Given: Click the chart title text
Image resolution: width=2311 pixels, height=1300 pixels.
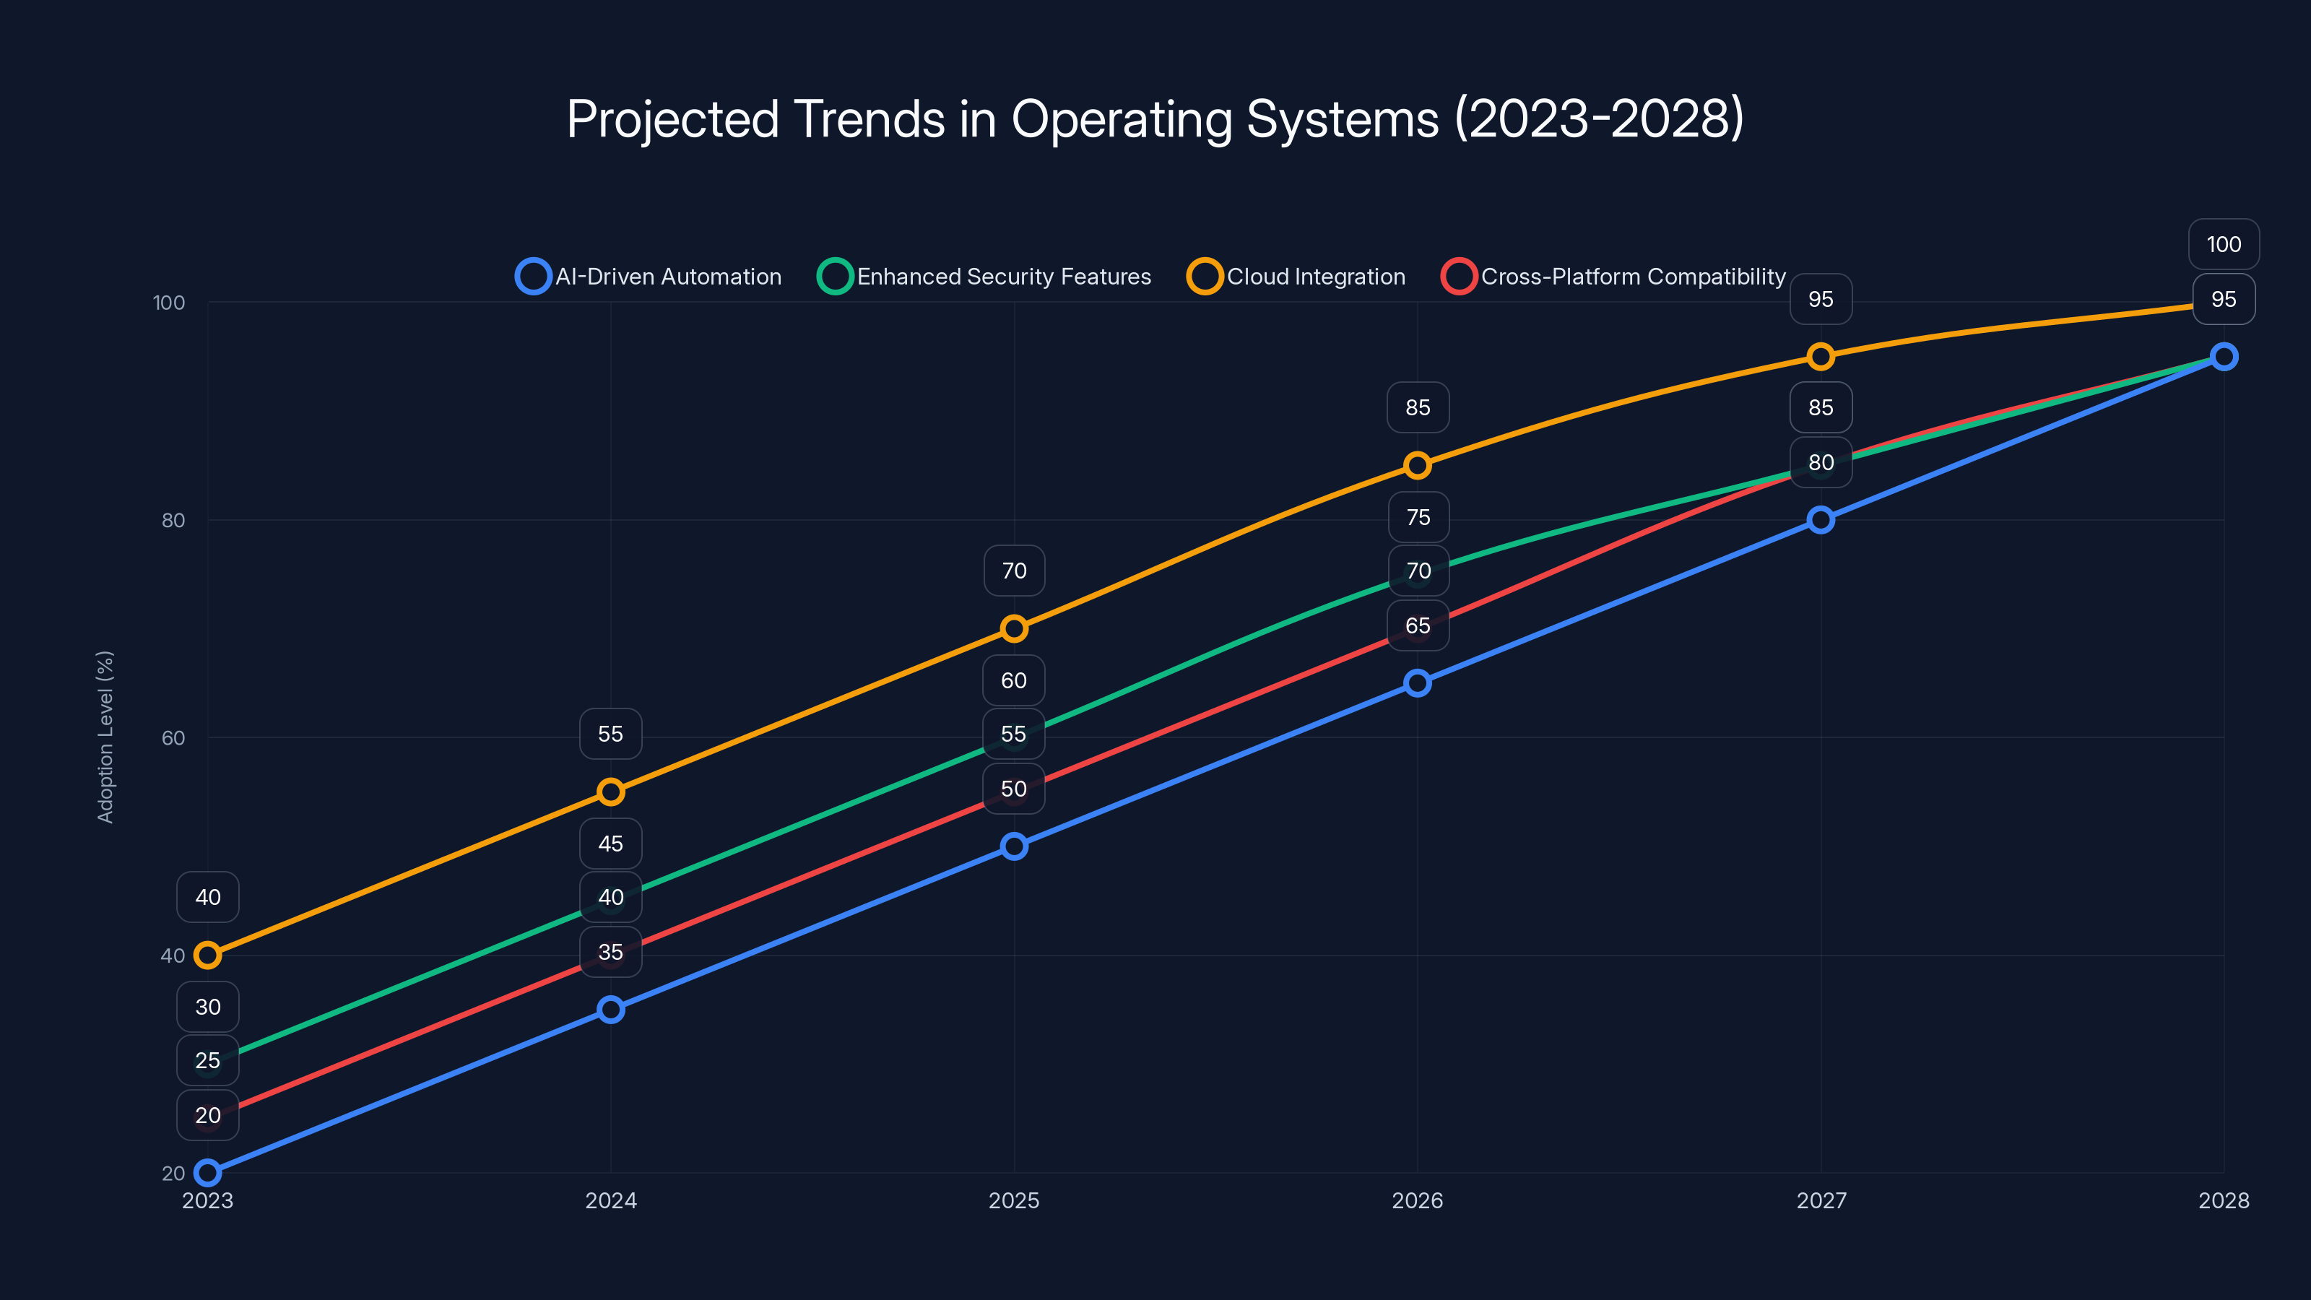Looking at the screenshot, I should (x=1155, y=118).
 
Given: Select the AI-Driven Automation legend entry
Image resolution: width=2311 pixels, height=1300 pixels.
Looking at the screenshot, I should (x=649, y=277).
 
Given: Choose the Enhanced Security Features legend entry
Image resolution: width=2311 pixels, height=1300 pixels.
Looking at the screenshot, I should (x=984, y=277).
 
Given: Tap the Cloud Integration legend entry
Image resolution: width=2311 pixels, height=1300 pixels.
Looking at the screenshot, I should (x=1296, y=277).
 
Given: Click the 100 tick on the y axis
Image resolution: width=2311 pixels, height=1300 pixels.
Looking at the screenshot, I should (x=169, y=303).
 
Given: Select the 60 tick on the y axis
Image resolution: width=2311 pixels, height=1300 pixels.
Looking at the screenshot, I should (x=173, y=737).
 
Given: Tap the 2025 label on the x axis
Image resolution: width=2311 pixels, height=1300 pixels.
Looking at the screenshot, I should (x=1014, y=1200).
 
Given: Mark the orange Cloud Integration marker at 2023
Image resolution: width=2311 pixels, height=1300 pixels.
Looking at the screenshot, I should (x=207, y=955).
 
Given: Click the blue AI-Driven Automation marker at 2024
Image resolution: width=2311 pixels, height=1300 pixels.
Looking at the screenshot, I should (x=611, y=1010).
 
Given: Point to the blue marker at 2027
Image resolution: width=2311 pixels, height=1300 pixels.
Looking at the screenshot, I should (x=1820, y=519).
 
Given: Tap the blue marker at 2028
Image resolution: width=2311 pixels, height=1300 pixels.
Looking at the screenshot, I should (x=2223, y=356).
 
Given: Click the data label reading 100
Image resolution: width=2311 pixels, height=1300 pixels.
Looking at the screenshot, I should (x=2223, y=244).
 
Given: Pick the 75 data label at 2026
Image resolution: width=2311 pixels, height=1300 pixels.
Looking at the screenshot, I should (x=1418, y=517).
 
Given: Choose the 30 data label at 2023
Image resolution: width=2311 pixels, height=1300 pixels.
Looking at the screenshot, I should (x=207, y=1007).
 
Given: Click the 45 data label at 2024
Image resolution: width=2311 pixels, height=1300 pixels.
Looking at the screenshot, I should (x=611, y=844).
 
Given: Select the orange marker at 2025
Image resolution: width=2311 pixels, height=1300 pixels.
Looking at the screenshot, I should (x=1014, y=628).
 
